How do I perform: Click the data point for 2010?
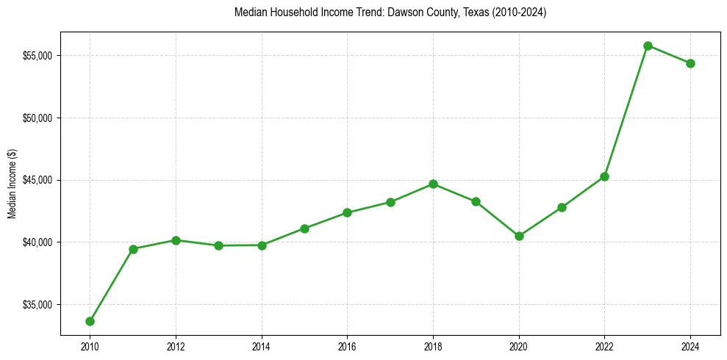coord(90,321)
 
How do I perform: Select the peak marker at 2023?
coord(648,46)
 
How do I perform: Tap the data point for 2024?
coord(690,63)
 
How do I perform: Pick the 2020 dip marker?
coord(519,236)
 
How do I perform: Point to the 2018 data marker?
coord(433,184)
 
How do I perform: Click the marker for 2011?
coord(133,249)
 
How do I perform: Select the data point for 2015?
coord(304,228)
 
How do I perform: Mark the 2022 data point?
coord(604,176)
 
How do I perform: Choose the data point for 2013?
coord(218,245)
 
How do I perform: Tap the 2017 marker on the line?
coord(390,202)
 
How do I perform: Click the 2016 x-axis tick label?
coord(347,347)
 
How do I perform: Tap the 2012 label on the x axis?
coord(176,347)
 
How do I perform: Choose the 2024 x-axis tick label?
coord(690,347)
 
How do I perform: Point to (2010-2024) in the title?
coord(515,12)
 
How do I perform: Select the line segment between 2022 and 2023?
coord(626,111)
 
